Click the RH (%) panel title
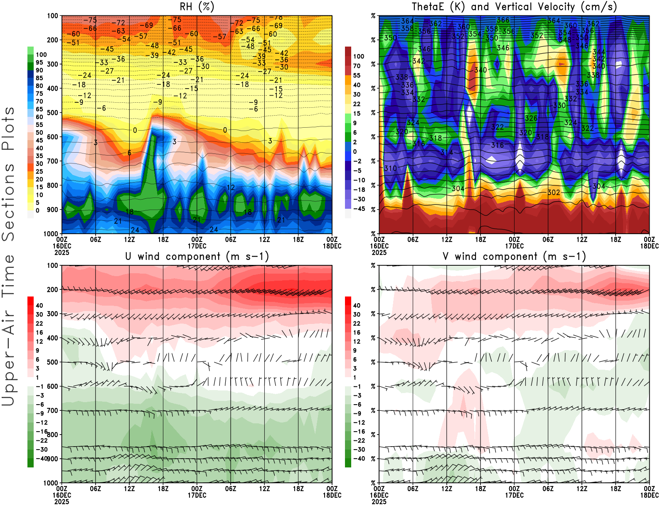197,7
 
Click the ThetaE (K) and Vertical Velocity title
514,7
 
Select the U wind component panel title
197,256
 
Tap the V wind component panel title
514,256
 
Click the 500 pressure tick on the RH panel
52,113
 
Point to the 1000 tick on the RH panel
51,234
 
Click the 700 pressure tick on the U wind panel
52,410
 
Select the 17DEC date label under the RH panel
197,246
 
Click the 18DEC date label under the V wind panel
649,495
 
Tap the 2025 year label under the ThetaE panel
379,252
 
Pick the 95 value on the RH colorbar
39,62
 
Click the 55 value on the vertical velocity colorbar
357,75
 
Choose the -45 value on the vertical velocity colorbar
358,209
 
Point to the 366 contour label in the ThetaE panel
503,20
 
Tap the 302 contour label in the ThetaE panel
554,193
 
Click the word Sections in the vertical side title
8,202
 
